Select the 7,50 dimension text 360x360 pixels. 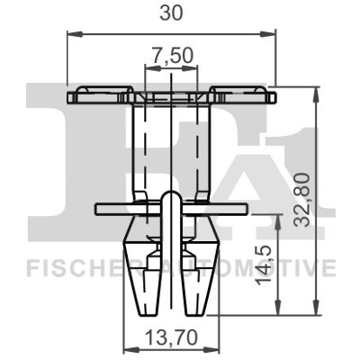pos(171,56)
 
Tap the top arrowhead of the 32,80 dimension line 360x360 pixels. pos(317,91)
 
